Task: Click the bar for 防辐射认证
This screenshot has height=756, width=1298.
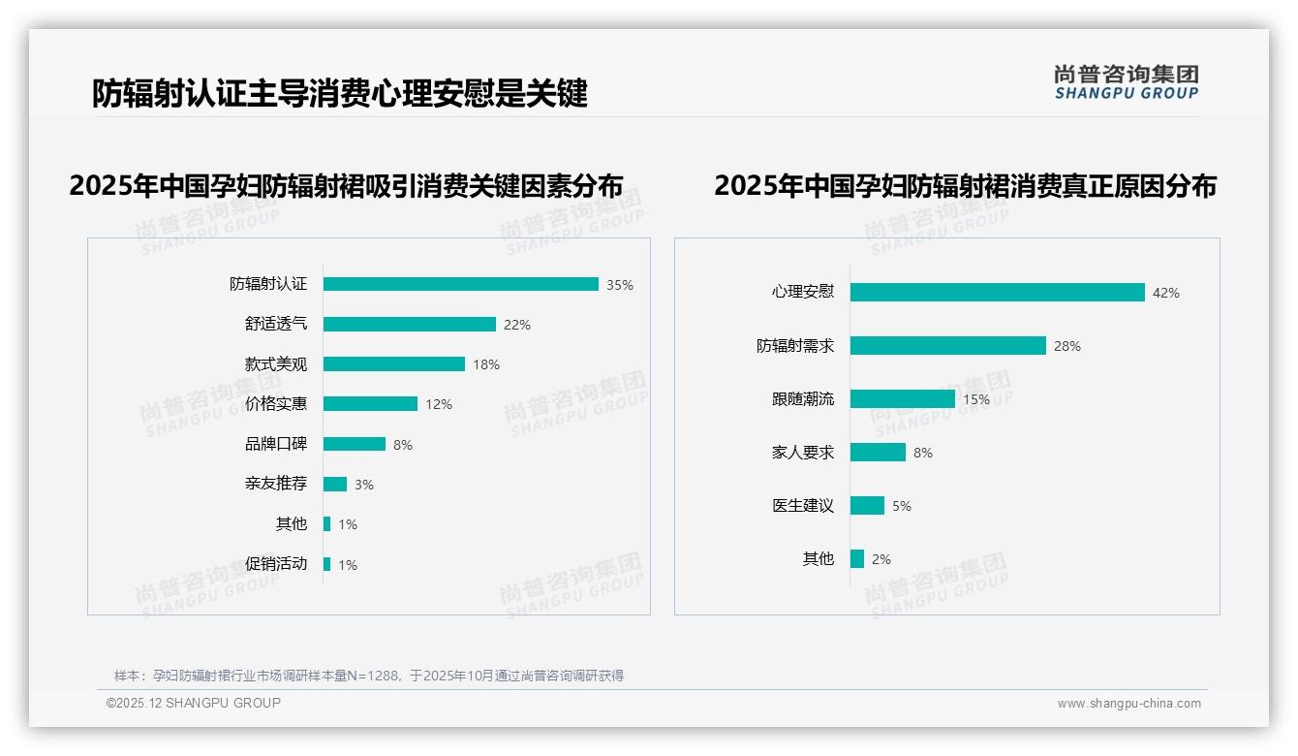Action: click(x=460, y=284)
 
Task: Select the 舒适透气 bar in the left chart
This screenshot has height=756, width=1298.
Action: click(x=409, y=325)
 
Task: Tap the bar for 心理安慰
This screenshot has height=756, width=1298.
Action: click(x=997, y=293)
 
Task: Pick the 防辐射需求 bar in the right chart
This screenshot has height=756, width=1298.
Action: click(x=947, y=346)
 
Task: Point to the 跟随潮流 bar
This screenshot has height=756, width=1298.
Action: click(x=902, y=399)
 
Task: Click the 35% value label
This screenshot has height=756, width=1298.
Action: click(x=620, y=285)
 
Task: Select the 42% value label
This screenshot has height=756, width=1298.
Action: click(x=1166, y=293)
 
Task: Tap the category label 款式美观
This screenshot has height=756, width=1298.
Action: click(x=275, y=364)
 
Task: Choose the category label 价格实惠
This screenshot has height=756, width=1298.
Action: click(x=275, y=404)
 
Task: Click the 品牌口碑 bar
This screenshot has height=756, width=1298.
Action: click(x=354, y=444)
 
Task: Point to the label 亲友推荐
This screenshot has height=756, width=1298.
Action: click(x=275, y=484)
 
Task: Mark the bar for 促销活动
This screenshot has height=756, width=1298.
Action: click(x=326, y=564)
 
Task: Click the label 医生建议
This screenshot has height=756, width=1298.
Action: click(x=802, y=506)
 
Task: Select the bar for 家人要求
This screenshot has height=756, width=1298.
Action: click(x=878, y=453)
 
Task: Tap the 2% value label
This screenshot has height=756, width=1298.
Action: click(x=881, y=559)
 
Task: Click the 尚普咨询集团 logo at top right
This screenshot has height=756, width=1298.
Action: click(x=1126, y=82)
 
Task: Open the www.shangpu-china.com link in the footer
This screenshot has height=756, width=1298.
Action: click(x=1128, y=704)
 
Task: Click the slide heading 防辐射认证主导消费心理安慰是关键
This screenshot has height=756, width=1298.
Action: click(x=340, y=94)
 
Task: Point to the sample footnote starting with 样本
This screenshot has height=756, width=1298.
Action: click(x=369, y=676)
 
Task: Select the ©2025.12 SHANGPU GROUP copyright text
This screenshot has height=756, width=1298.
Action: click(x=194, y=703)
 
